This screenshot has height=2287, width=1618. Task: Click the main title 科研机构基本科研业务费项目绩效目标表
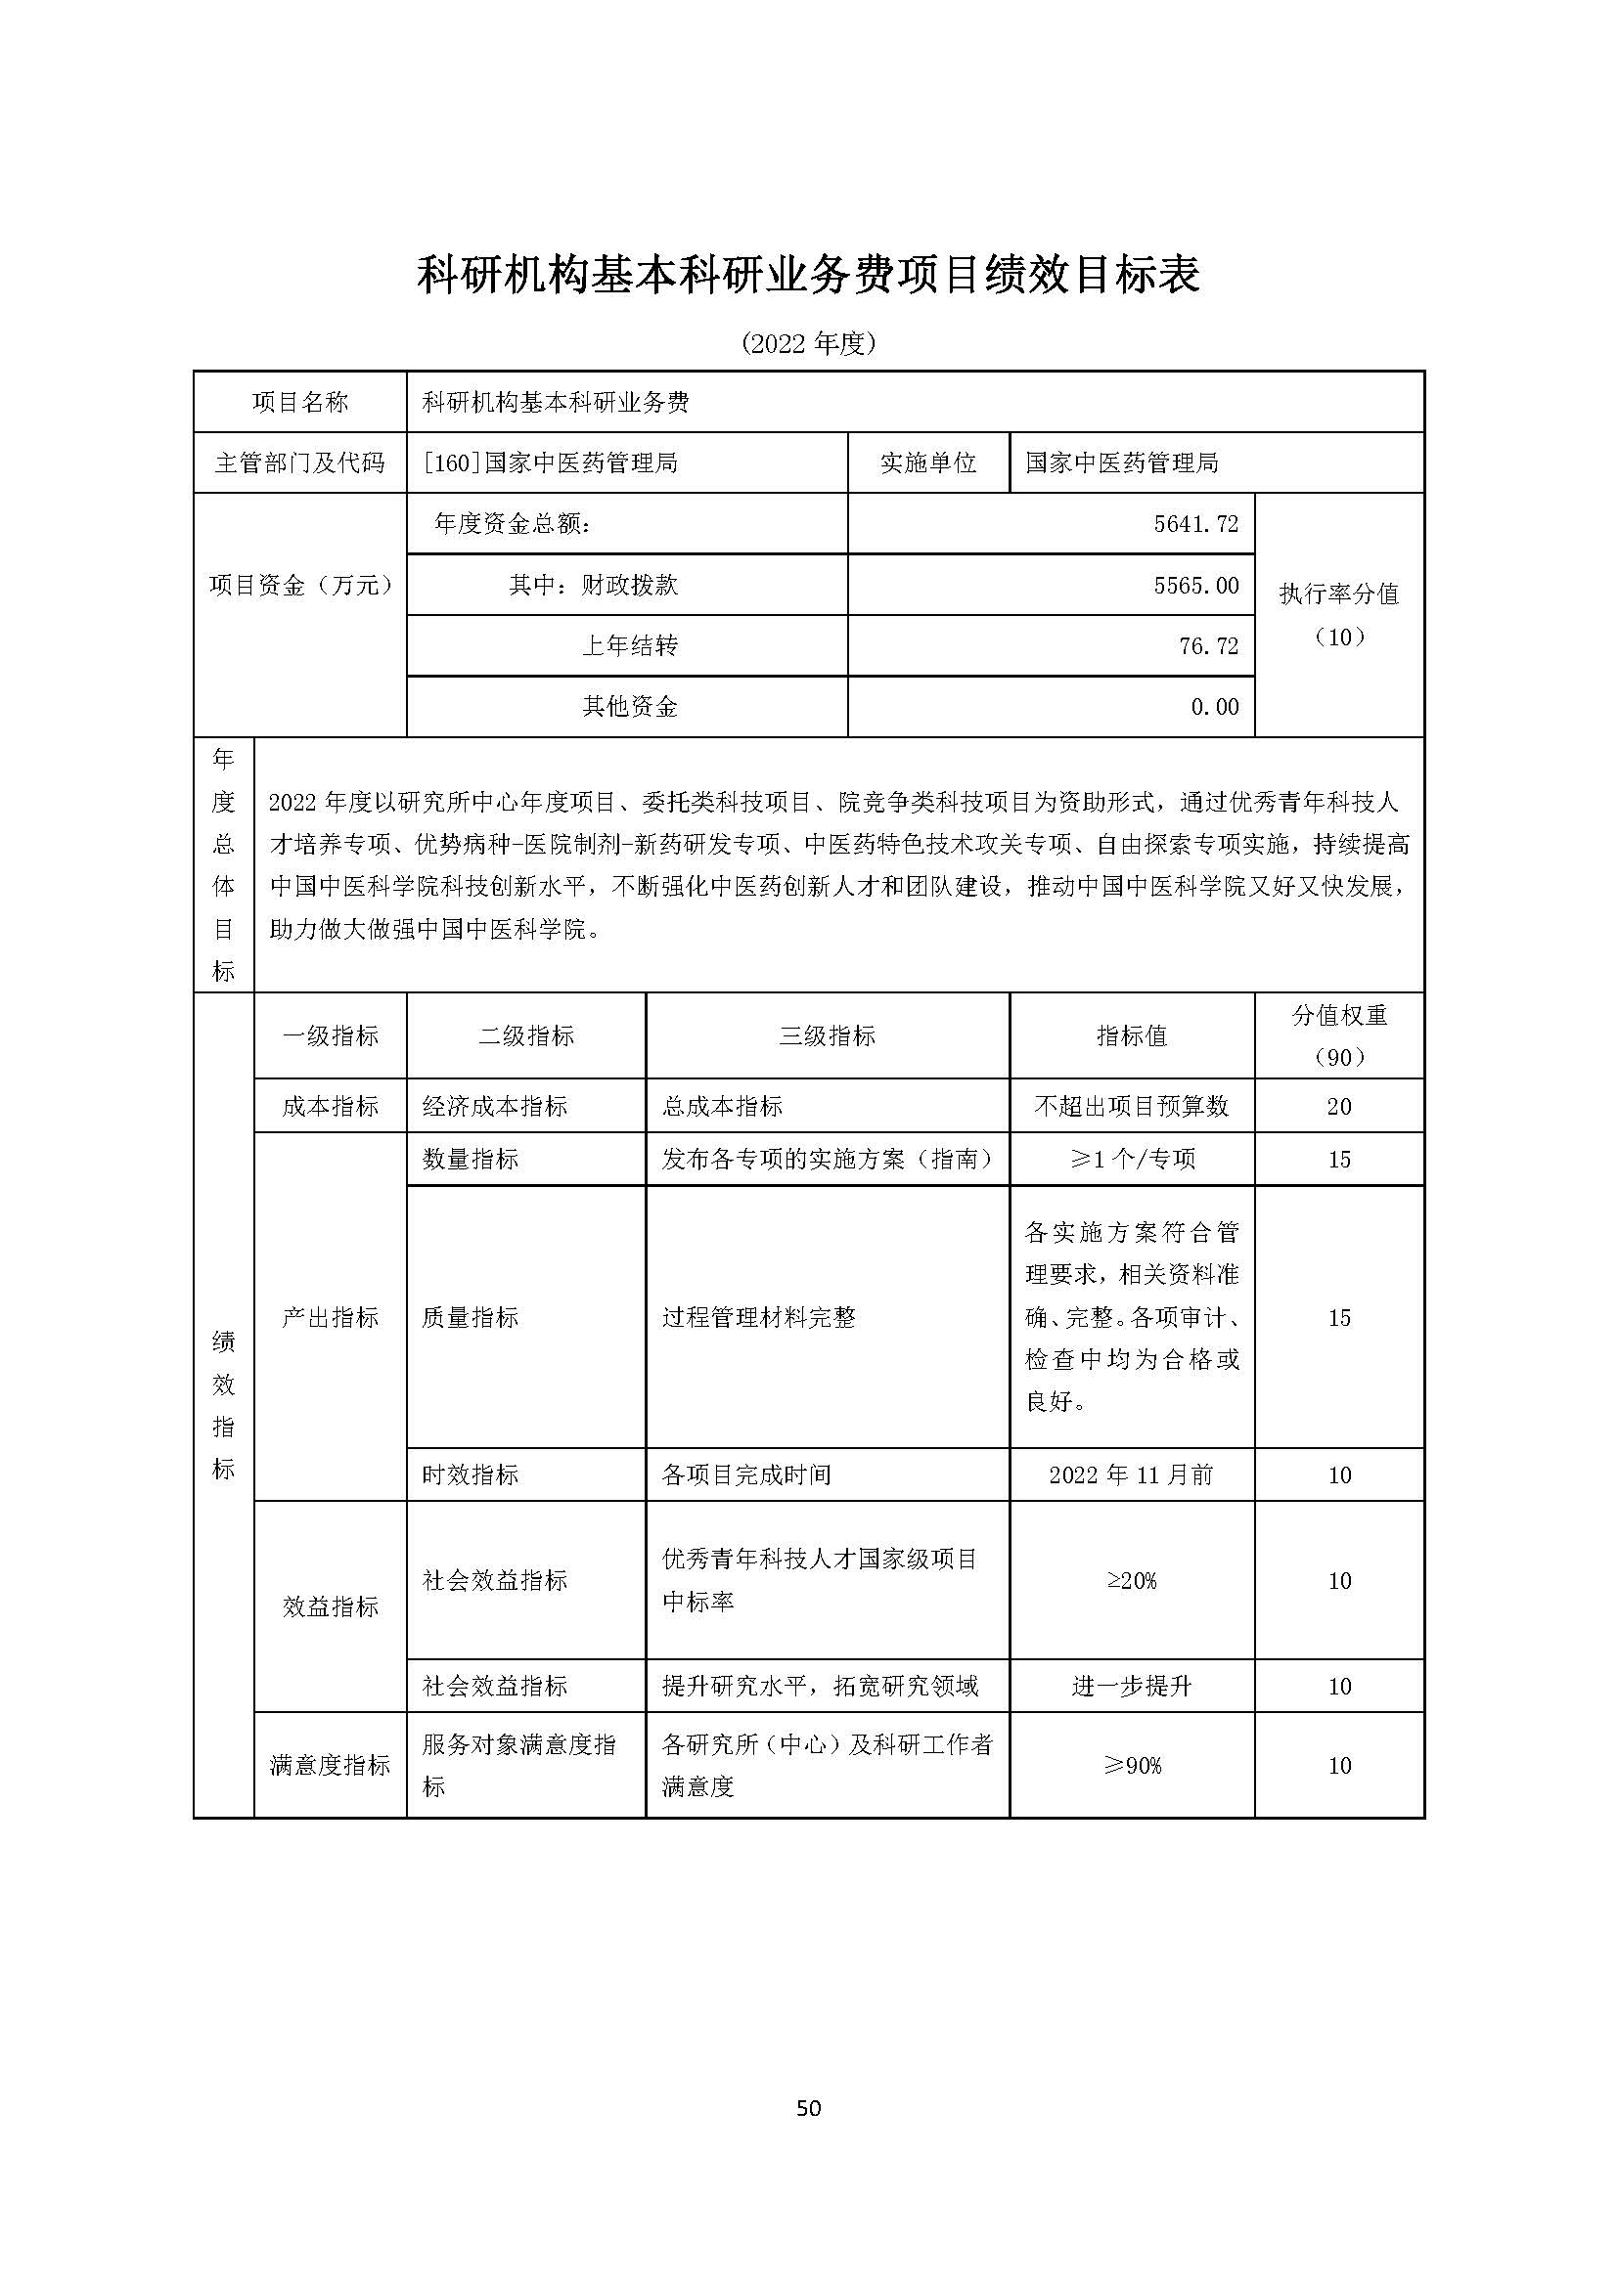tap(808, 275)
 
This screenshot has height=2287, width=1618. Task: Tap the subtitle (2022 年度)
tap(808, 343)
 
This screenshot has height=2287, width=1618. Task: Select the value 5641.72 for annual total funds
tap(1195, 524)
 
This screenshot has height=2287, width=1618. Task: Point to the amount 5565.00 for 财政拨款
tap(1195, 585)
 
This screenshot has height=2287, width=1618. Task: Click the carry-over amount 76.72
tap(1207, 646)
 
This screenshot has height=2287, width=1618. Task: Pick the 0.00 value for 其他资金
tap(1215, 707)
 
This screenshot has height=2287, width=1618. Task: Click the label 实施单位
tap(927, 462)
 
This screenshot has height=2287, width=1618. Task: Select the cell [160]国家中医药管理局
tap(550, 462)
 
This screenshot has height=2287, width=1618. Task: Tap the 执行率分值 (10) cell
tap(1338, 615)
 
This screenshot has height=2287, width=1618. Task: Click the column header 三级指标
tap(827, 1035)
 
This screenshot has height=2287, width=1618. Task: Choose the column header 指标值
tap(1131, 1035)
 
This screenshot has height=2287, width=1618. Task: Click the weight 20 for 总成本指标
tap(1338, 1106)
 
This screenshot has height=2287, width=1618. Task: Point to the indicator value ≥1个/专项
tap(1132, 1159)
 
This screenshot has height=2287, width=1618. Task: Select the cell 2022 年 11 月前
tap(1131, 1475)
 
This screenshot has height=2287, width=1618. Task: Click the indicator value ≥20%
tap(1131, 1581)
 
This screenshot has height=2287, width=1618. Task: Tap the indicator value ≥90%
tap(1131, 1766)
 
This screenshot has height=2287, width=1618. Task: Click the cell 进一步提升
tap(1131, 1687)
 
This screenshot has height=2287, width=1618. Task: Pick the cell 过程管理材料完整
tap(758, 1317)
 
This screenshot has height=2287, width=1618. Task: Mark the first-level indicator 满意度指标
tap(330, 1766)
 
